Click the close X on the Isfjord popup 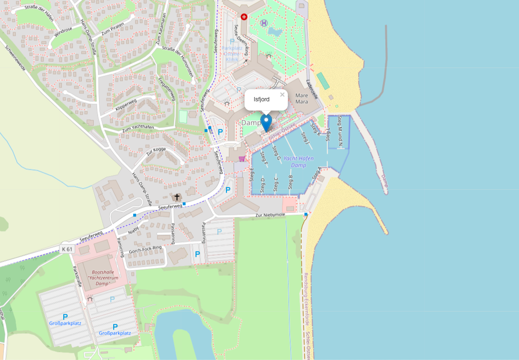282,95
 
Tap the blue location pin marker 266,122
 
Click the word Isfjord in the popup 262,99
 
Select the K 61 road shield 67,249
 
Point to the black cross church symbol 177,197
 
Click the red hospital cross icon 244,17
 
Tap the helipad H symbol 264,22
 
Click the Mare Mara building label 302,98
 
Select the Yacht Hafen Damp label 298,162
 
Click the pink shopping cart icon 242,158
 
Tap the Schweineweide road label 15,58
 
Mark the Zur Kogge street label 156,151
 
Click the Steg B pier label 291,182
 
